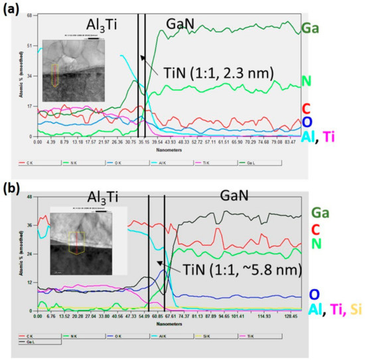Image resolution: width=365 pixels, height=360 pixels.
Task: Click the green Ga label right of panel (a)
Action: coord(309,28)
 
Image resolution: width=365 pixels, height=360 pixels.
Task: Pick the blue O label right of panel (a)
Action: coord(307,122)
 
